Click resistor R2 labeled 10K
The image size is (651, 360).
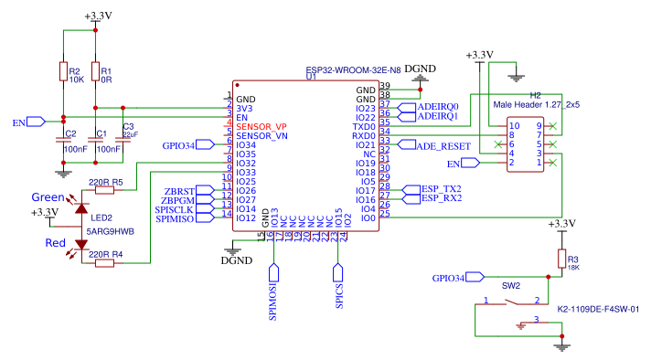63,72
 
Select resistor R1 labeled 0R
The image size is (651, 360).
95,72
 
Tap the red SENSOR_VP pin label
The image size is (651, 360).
261,126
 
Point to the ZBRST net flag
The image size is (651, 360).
176,191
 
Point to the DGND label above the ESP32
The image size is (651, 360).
420,69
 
